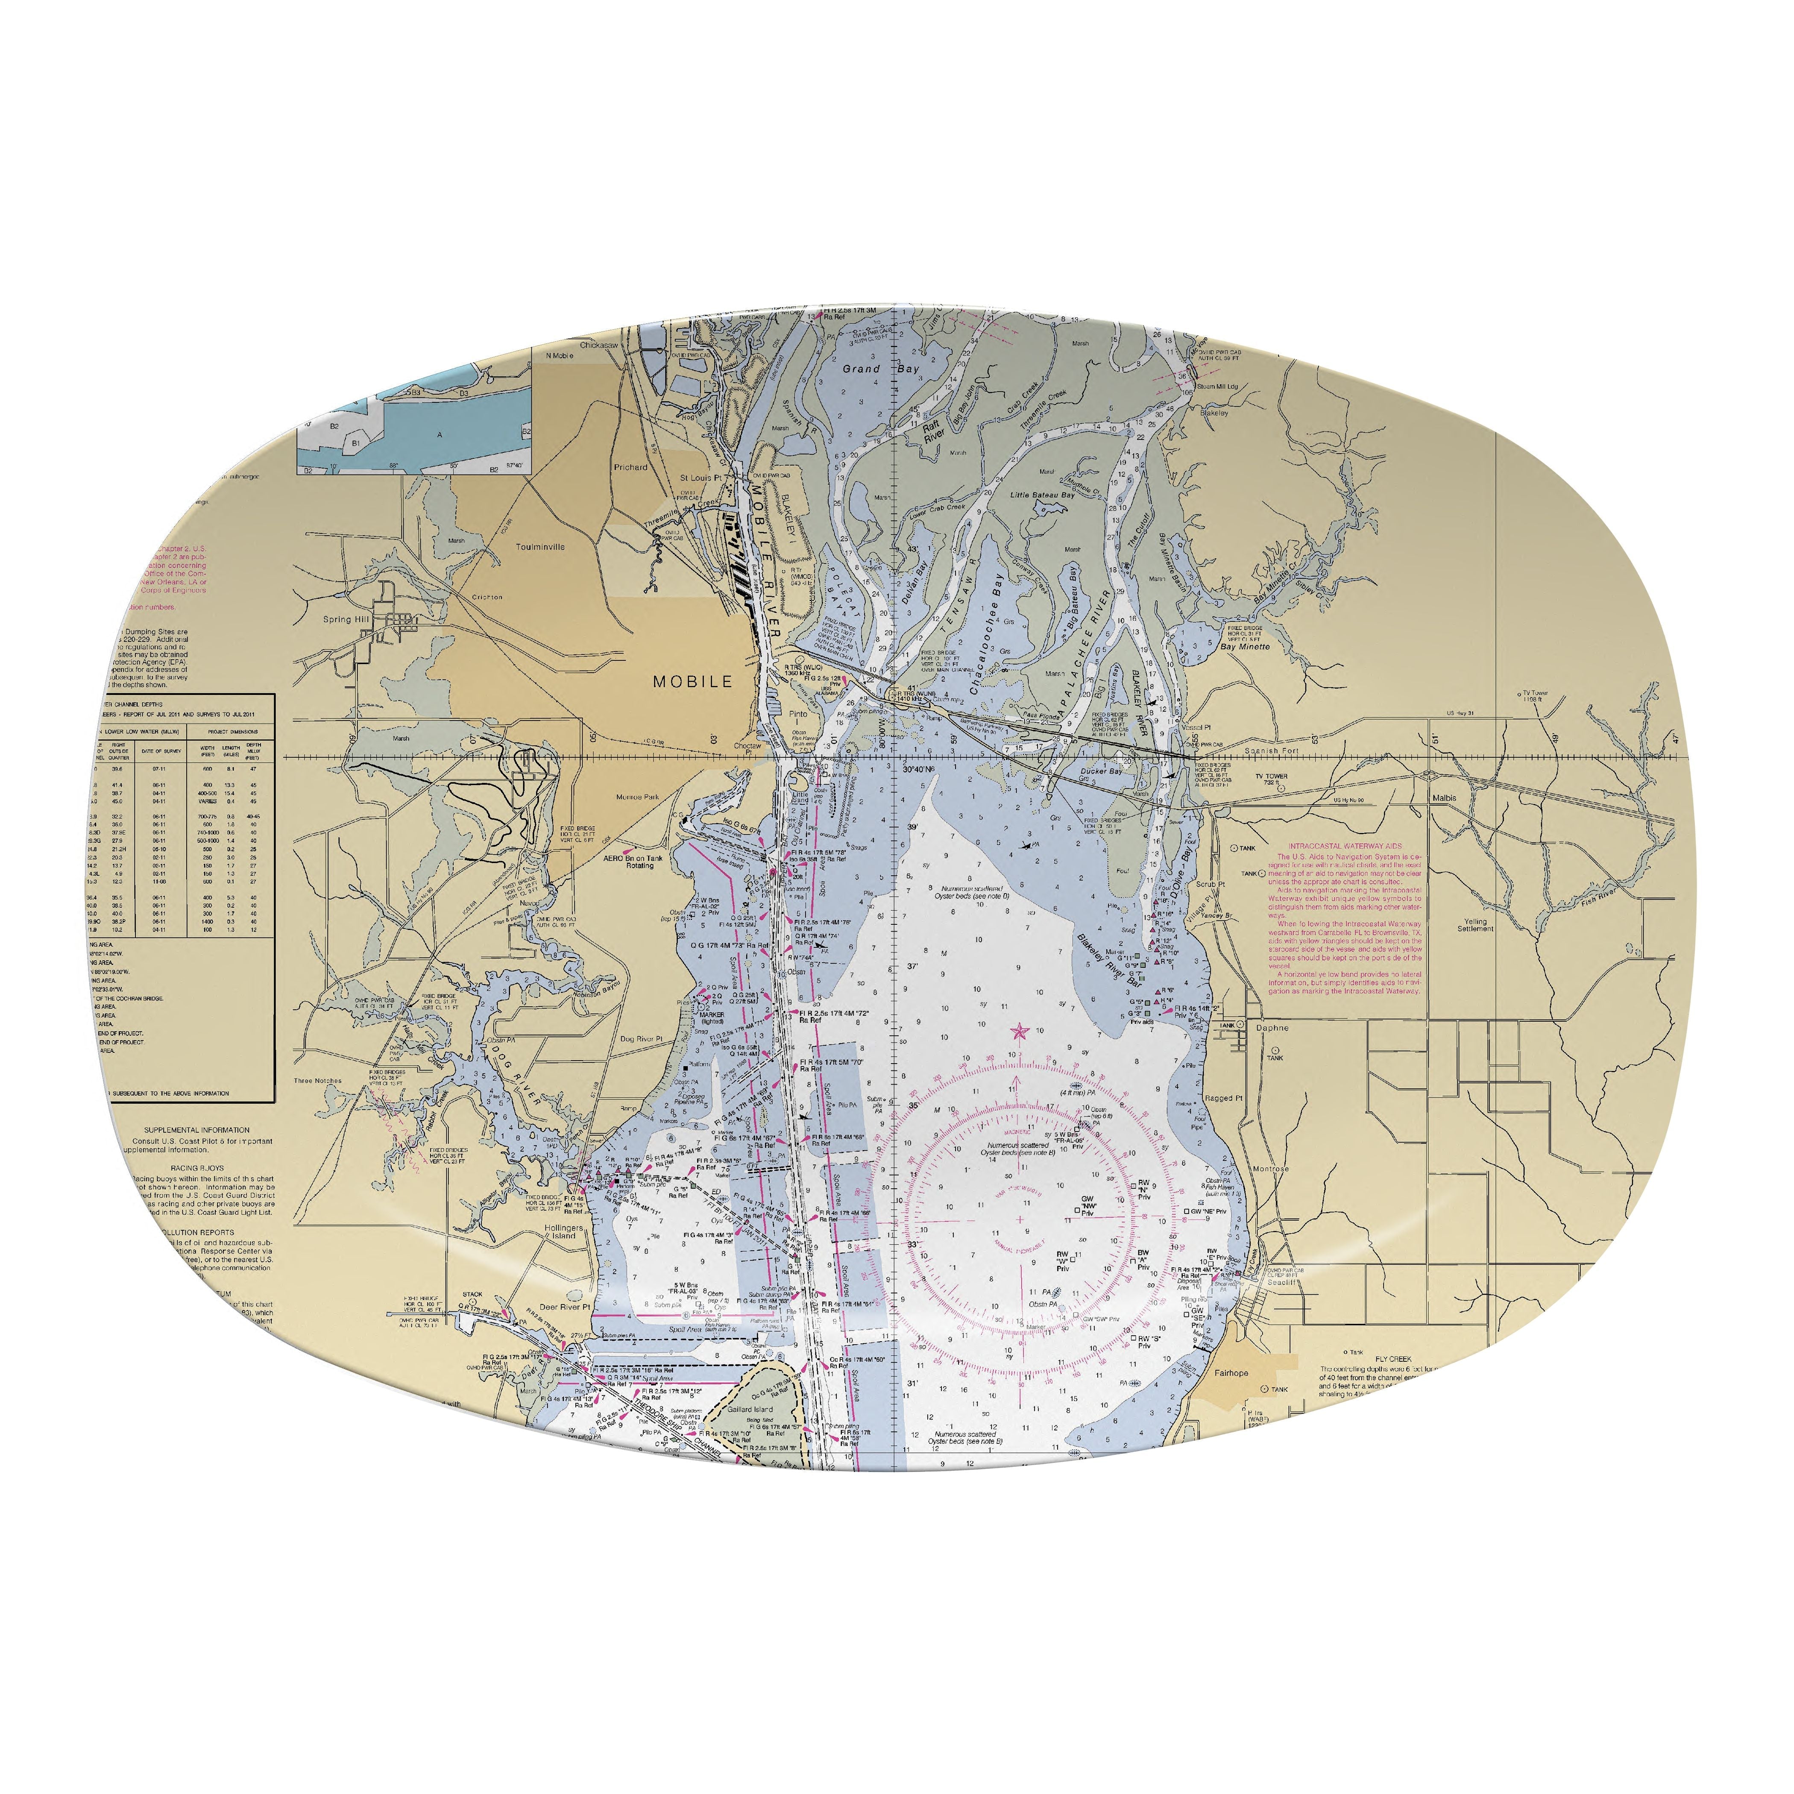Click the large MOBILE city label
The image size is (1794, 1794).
[693, 682]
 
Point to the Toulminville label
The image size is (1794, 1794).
[540, 547]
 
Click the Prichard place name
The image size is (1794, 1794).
[630, 467]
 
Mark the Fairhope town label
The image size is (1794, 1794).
[1231, 1372]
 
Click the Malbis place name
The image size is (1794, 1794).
[1444, 799]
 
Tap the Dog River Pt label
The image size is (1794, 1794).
[642, 1039]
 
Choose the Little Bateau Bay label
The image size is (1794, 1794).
[1042, 495]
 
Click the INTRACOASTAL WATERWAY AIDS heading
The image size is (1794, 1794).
[1345, 847]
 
